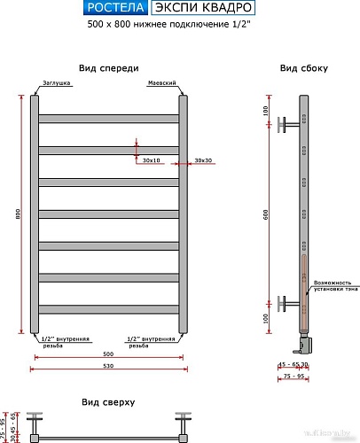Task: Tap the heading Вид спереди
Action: [x=108, y=68]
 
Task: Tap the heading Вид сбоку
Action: [x=304, y=68]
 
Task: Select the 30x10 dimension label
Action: [x=150, y=160]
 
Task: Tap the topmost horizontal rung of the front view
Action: [x=108, y=118]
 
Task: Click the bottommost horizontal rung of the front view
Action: [x=108, y=308]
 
